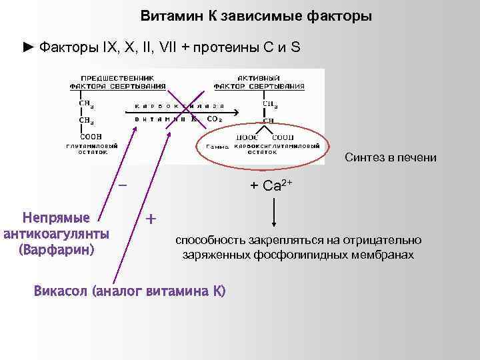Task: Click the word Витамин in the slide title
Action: pos(169,15)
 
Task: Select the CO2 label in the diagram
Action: pos(215,119)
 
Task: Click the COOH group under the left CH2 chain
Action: pos(87,135)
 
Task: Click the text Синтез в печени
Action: pos(391,157)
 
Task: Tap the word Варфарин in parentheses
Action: pos(57,250)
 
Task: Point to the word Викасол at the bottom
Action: pos(61,291)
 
